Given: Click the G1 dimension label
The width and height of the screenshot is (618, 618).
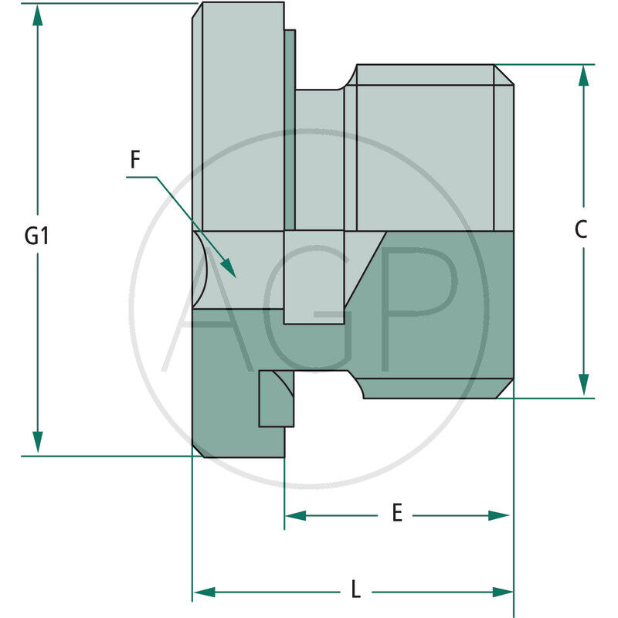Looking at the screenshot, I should pyautogui.click(x=36, y=236).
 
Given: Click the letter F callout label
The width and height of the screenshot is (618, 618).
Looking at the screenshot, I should pyautogui.click(x=135, y=160).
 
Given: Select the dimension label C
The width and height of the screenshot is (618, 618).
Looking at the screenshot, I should pyautogui.click(x=582, y=229).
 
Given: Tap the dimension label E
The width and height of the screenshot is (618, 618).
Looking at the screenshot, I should pyautogui.click(x=397, y=513).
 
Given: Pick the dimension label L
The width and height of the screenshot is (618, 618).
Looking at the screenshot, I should pyautogui.click(x=355, y=590).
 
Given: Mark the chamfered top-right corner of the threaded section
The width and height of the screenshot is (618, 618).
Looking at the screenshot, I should pyautogui.click(x=504, y=74).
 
